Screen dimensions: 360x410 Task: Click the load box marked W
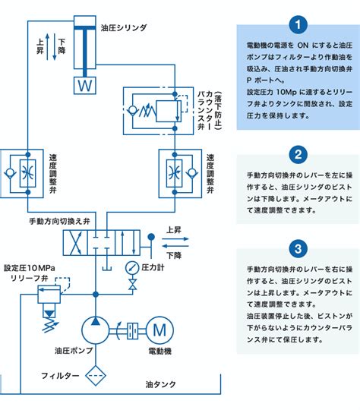pyautogui.click(x=85, y=85)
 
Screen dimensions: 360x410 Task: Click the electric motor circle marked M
pyautogui.click(x=159, y=330)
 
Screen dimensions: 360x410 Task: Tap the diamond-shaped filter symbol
pyautogui.click(x=96, y=376)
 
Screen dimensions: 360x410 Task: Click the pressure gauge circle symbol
pyautogui.click(x=132, y=268)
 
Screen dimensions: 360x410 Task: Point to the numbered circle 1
pyautogui.click(x=298, y=24)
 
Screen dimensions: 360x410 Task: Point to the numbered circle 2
pyautogui.click(x=298, y=154)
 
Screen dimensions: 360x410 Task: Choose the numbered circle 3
pyautogui.click(x=298, y=248)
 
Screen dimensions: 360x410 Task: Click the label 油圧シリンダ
pyautogui.click(x=124, y=28)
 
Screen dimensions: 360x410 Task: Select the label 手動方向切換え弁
pyautogui.click(x=60, y=222)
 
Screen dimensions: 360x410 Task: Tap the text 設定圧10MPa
pyautogui.click(x=30, y=268)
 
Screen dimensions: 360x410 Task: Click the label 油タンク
pyautogui.click(x=161, y=384)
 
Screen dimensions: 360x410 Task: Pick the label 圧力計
pyautogui.click(x=153, y=267)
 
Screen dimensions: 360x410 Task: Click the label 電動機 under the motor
pyautogui.click(x=159, y=351)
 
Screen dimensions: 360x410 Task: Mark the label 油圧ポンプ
pyautogui.click(x=74, y=350)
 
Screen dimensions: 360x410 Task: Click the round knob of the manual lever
pyautogui.click(x=151, y=237)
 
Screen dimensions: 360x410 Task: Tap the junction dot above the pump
pyautogui.click(x=96, y=295)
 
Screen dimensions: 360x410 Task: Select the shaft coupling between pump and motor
pyautogui.click(x=132, y=331)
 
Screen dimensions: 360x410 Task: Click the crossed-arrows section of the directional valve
pyautogui.click(x=76, y=243)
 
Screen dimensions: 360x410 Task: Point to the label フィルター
pyautogui.click(x=60, y=376)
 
